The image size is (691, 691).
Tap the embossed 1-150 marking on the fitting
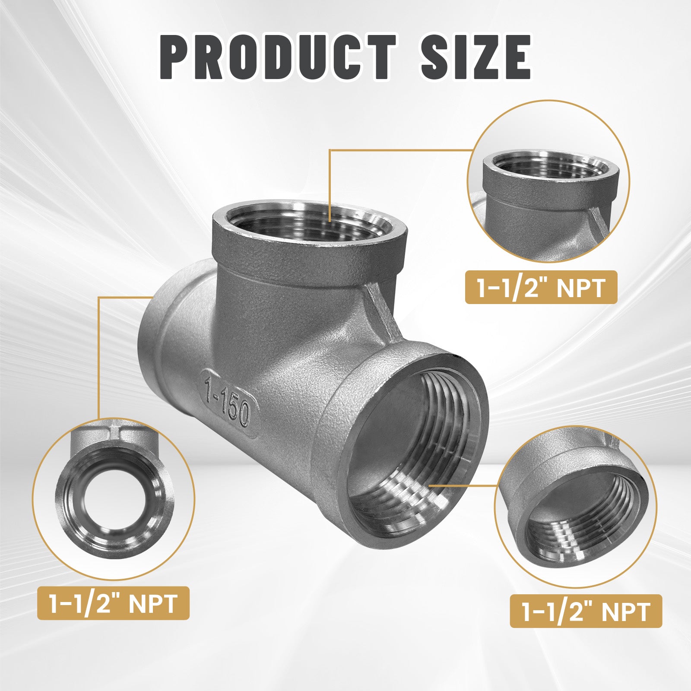(x=228, y=397)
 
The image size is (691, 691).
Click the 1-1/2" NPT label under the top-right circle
(x=541, y=288)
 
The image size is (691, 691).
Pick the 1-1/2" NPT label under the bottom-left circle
(x=113, y=603)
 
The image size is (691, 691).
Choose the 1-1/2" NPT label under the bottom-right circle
(x=586, y=611)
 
